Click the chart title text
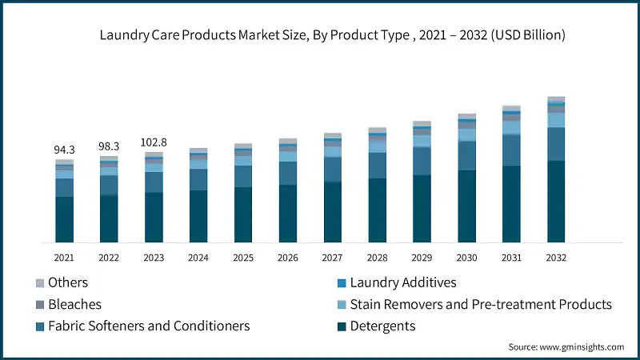click(x=332, y=35)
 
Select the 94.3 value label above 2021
click(x=64, y=149)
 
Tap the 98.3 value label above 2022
click(x=109, y=146)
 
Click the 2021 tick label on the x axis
click(x=64, y=258)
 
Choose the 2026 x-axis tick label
click(x=288, y=258)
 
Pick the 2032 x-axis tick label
click(x=556, y=258)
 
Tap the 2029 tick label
click(x=422, y=258)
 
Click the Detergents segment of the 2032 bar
click(x=556, y=202)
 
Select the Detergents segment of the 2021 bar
click(x=64, y=219)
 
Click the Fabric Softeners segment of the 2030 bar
click(x=466, y=155)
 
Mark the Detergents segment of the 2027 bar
click(x=333, y=212)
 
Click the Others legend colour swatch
click(x=39, y=283)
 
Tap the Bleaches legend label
click(x=74, y=305)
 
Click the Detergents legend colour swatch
click(x=342, y=326)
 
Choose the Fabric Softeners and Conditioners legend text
click(x=149, y=326)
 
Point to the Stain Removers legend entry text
click(x=481, y=305)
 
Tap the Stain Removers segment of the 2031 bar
click(x=511, y=128)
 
